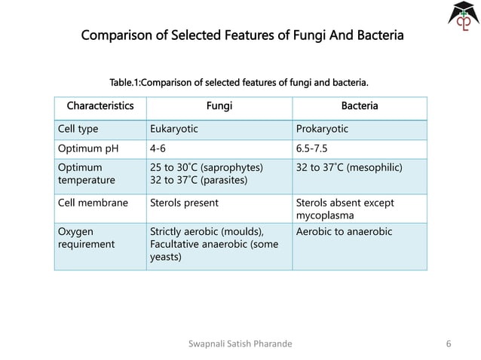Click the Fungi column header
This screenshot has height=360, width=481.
(x=219, y=106)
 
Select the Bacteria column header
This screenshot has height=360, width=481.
(x=360, y=106)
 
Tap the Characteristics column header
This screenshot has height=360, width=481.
(x=100, y=106)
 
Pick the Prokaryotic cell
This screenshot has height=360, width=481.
(x=323, y=129)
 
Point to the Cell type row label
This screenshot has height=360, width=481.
(x=78, y=129)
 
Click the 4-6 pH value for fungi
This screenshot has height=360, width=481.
(x=158, y=148)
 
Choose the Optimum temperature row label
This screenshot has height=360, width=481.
(x=86, y=173)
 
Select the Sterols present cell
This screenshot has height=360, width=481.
(x=185, y=203)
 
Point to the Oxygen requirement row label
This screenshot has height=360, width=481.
(x=86, y=237)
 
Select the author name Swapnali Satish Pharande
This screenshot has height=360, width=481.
(x=240, y=344)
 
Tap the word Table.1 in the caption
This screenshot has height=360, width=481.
(x=124, y=81)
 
